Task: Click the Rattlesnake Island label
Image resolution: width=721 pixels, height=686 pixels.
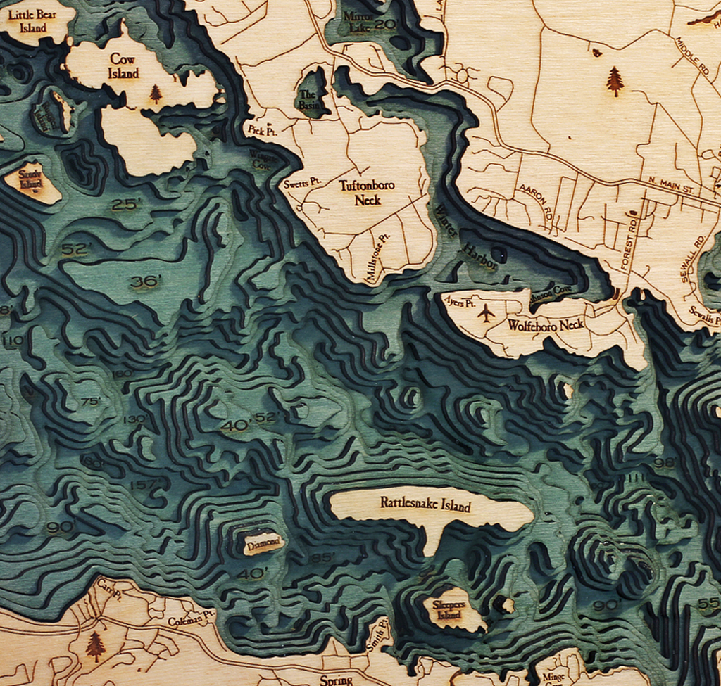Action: pos(425,504)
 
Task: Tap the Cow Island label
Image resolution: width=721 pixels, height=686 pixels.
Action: pos(123,66)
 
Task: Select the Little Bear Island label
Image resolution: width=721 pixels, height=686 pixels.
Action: pos(32,21)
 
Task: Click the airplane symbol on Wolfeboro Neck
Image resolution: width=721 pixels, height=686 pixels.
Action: pos(486,313)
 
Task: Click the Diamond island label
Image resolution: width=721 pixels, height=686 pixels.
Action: pos(265,543)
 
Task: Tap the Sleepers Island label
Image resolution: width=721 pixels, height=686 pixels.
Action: pos(449,609)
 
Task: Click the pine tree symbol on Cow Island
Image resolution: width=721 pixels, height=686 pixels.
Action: pos(156,94)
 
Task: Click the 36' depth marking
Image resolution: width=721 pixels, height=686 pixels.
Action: pos(145,281)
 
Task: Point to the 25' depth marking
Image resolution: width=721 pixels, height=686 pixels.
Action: pos(127,205)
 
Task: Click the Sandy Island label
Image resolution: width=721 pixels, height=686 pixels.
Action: pos(31,179)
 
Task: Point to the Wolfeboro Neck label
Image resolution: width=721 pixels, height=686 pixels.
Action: pos(546,325)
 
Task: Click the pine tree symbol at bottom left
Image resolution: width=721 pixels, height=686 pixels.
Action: pos(95,646)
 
